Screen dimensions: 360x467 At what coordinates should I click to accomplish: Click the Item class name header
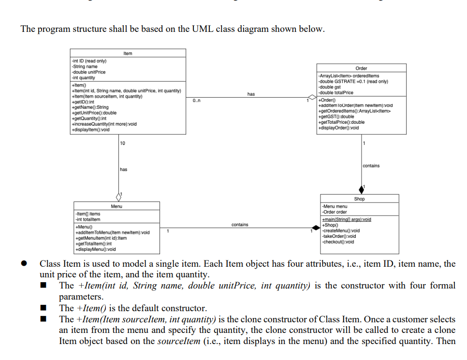[128, 53]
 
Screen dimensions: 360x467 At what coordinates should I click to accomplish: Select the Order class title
[361, 69]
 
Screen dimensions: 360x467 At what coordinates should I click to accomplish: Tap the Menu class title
[117, 206]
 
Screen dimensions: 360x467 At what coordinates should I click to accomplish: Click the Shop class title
[360, 199]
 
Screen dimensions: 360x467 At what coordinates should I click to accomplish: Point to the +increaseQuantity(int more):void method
[104, 124]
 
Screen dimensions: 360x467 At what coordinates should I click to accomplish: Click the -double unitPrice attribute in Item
[88, 72]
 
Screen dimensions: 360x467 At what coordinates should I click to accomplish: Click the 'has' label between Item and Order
[251, 94]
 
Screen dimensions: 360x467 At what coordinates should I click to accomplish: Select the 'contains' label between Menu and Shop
[240, 225]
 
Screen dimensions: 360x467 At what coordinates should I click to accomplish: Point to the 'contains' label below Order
[371, 166]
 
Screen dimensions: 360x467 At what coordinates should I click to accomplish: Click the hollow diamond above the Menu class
[118, 197]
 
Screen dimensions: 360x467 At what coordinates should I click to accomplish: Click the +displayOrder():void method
[339, 128]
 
